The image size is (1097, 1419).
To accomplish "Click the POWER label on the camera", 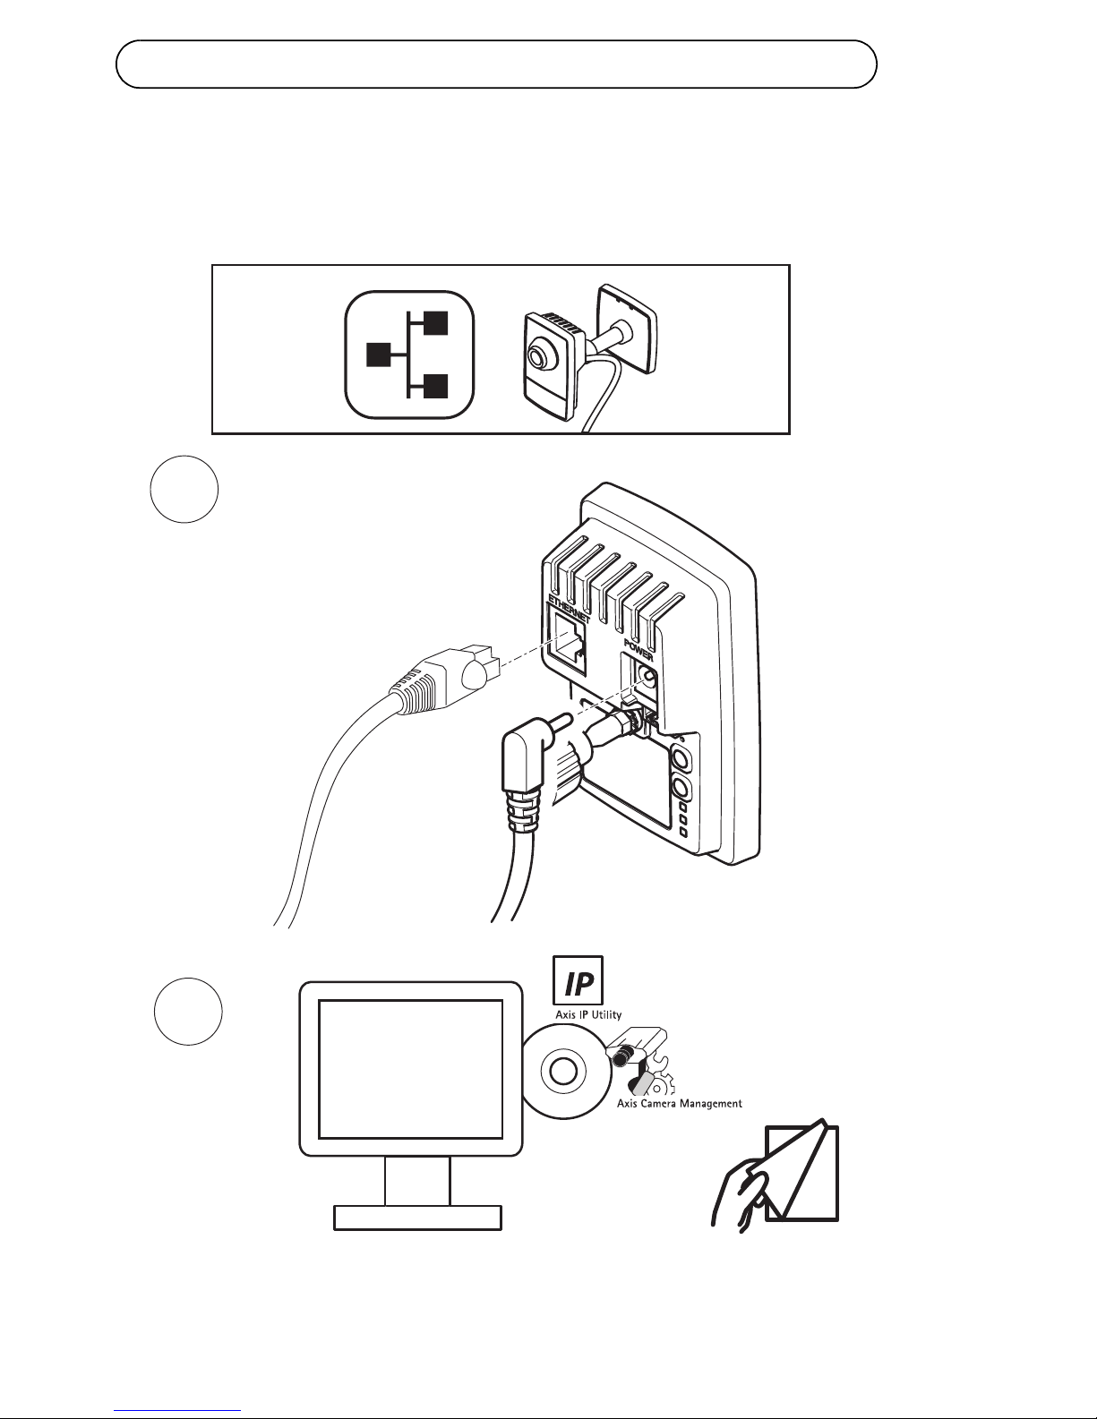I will [x=638, y=647].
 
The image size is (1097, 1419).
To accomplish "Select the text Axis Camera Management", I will [x=679, y=1103].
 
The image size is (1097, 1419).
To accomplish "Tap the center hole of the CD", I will [x=562, y=1072].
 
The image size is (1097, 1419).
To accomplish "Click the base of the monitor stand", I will [x=417, y=1218].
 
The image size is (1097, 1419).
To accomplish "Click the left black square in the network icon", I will [x=380, y=355].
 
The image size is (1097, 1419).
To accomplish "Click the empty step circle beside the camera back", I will [x=184, y=490].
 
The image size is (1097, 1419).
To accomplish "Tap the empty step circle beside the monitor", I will [x=187, y=1012].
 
